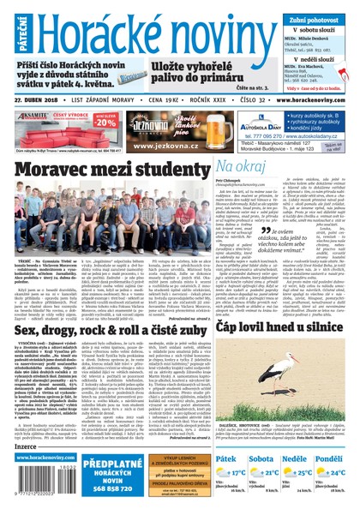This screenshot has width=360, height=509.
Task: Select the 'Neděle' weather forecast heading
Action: click(300, 459)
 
